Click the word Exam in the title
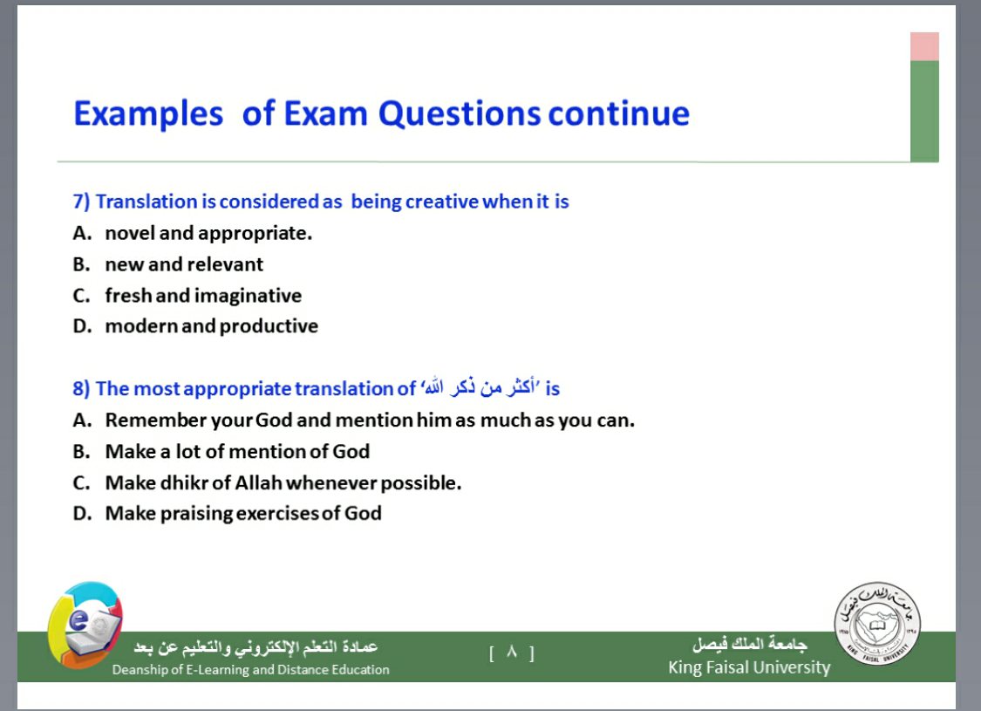[325, 114]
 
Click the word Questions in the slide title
[460, 114]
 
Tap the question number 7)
[81, 202]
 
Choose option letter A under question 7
[82, 234]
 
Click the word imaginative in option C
[248, 296]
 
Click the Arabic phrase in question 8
[480, 388]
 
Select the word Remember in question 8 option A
[156, 420]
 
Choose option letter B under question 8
[81, 451]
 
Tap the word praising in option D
[196, 514]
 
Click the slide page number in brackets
[512, 653]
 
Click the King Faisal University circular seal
[877, 623]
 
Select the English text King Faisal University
[749, 667]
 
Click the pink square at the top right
[924, 46]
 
